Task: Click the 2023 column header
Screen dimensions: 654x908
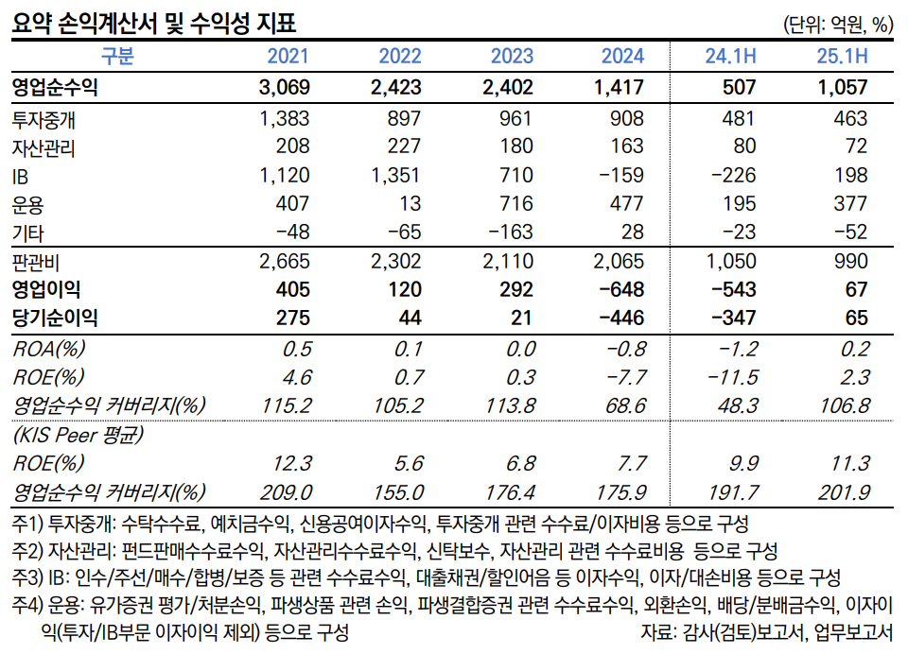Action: pos(512,57)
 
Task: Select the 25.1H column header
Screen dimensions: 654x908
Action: pos(842,57)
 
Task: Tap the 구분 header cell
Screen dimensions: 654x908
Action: pos(118,57)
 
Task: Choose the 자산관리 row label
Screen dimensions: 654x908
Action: pos(44,147)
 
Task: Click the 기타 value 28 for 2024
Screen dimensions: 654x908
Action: pos(632,232)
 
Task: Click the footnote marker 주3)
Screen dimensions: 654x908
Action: pos(29,577)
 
